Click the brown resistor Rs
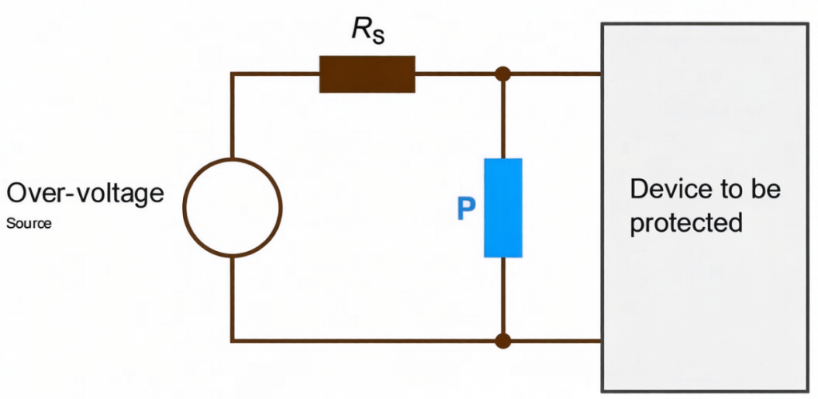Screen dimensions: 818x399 click(x=367, y=74)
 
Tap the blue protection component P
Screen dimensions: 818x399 click(x=503, y=208)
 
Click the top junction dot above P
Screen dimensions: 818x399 click(x=503, y=74)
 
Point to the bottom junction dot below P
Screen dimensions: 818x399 click(x=503, y=341)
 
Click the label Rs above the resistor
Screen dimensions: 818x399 click(x=368, y=31)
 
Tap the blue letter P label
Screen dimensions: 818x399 click(x=466, y=209)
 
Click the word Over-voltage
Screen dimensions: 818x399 click(x=85, y=194)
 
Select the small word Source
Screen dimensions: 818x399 click(x=29, y=224)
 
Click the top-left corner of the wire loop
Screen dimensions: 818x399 click(x=232, y=74)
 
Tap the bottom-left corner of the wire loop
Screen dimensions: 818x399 click(x=232, y=341)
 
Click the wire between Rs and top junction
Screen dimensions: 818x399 click(x=455, y=74)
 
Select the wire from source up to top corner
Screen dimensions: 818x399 click(x=232, y=116)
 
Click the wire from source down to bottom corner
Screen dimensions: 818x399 click(x=232, y=299)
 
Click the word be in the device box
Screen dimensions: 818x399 click(x=767, y=189)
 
